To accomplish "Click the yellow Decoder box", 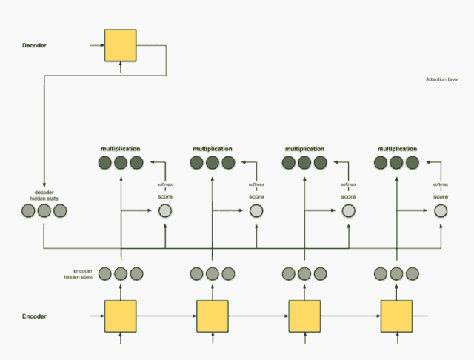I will [121, 45].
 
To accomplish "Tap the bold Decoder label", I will [35, 46].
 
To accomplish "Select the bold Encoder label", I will [34, 316].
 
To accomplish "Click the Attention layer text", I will [442, 79].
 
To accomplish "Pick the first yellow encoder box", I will [121, 316].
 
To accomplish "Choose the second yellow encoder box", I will [213, 316].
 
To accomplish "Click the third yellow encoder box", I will [304, 316].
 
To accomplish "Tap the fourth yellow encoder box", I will [396, 316].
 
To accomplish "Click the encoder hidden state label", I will [78, 273].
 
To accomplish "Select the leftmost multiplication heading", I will [121, 148].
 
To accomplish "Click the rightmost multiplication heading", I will [397, 148].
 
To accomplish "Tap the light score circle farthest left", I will [164, 212].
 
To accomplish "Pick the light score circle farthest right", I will [441, 212].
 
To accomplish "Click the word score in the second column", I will [256, 196].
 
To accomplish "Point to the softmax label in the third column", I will [348, 184].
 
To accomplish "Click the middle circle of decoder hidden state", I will [44, 212].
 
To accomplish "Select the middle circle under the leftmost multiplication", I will [121, 163].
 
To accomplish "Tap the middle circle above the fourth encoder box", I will [396, 274].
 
